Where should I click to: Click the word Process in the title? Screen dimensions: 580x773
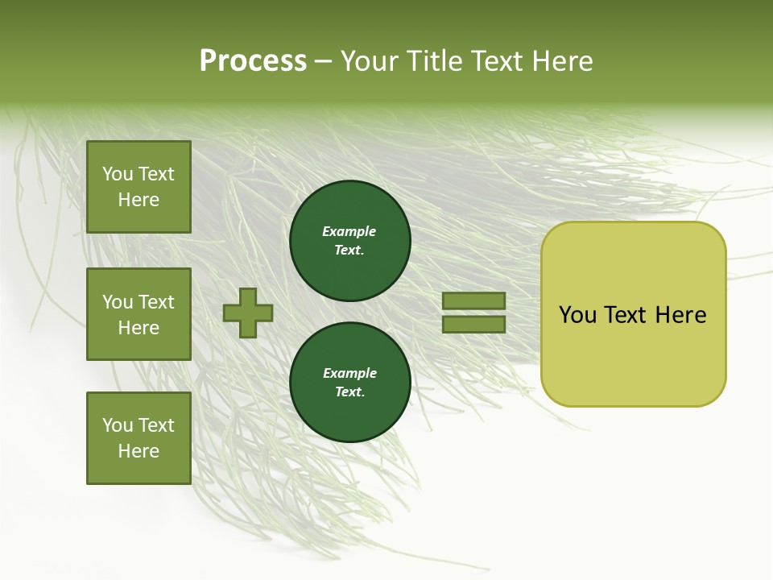click(x=253, y=61)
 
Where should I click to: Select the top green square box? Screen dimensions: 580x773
click(x=138, y=187)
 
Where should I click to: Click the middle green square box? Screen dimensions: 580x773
click(x=138, y=314)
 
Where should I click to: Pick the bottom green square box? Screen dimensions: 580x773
click(x=138, y=438)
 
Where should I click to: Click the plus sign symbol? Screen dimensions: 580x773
click(x=248, y=313)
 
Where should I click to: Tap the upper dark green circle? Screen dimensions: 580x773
click(x=349, y=240)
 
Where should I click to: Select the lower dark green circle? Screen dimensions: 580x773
click(x=349, y=382)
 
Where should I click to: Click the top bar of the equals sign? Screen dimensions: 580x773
click(x=473, y=300)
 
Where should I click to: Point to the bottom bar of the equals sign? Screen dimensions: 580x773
click(x=473, y=325)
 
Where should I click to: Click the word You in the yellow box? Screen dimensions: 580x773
click(x=577, y=315)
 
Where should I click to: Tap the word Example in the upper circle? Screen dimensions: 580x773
click(x=349, y=231)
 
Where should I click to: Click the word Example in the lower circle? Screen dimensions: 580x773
click(x=349, y=373)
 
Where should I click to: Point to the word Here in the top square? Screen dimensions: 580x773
click(x=138, y=200)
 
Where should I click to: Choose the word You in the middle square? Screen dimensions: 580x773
click(x=118, y=302)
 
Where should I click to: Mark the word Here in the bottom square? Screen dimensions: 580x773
click(x=138, y=451)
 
